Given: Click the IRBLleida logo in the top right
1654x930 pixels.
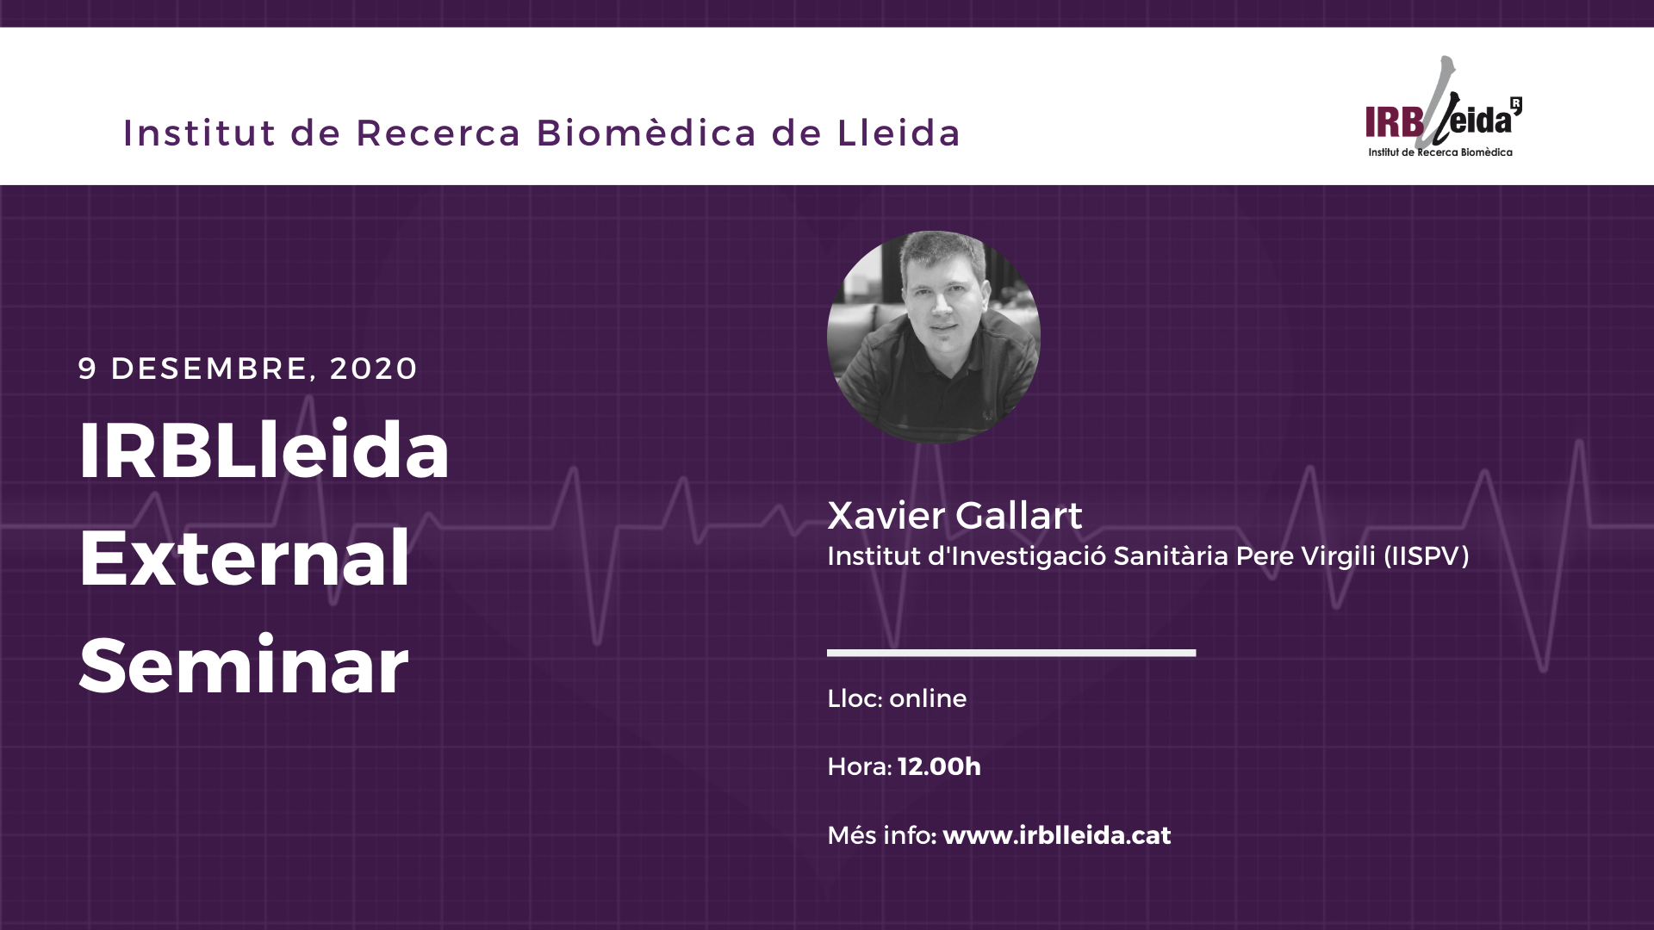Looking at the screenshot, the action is tap(1443, 107).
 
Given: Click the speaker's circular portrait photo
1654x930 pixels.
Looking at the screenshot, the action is tap(934, 337).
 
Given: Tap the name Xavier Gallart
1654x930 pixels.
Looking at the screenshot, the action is tap(954, 515).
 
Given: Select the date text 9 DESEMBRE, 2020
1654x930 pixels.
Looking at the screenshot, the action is tap(248, 369).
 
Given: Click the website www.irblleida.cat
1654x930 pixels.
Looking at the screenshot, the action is tap(1057, 835).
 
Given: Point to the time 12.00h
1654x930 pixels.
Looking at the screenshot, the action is tap(939, 766).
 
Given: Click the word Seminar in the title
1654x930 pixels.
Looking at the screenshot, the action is tap(244, 665).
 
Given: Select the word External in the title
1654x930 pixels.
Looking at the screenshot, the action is tap(245, 557).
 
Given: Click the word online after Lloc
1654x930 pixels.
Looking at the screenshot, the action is tap(928, 698).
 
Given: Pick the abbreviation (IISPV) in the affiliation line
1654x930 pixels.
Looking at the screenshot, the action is tap(1427, 556).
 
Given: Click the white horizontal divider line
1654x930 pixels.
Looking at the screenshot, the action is tap(1011, 653).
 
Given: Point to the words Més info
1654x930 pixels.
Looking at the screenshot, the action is tap(879, 835).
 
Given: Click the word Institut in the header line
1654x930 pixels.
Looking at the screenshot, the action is tap(200, 133).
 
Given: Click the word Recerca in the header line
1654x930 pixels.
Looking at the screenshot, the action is tap(438, 133).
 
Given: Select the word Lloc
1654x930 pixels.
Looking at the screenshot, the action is tap(852, 698).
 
